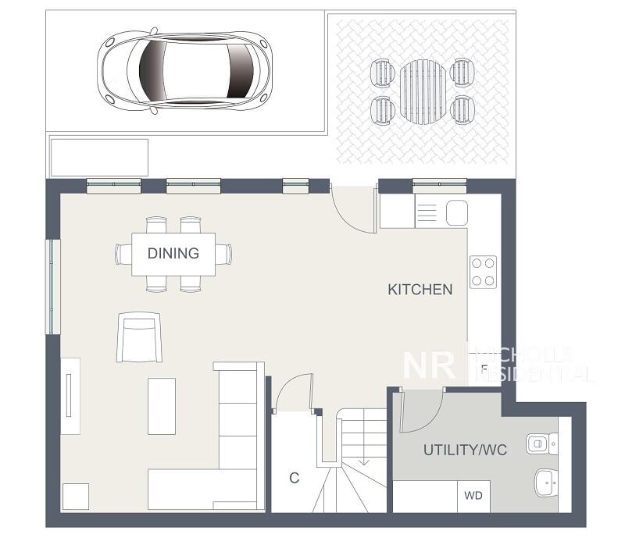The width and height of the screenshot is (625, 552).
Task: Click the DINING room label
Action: click(173, 253)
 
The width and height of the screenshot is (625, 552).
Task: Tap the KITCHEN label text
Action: click(420, 290)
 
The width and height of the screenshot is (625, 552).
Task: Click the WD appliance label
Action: click(473, 496)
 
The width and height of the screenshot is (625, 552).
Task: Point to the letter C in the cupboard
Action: click(295, 479)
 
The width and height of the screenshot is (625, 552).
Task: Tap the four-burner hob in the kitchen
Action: click(484, 272)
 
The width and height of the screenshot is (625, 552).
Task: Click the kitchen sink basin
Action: click(456, 212)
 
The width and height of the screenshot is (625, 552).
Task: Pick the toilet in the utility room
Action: click(540, 443)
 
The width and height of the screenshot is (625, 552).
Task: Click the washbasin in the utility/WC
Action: click(545, 483)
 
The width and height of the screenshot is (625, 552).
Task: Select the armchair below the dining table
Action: click(139, 337)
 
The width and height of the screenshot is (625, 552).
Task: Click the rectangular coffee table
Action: click(162, 406)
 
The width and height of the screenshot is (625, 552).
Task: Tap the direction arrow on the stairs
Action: click(363, 462)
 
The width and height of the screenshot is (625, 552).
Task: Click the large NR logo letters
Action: click(429, 365)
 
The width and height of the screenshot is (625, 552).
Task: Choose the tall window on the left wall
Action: click(52, 287)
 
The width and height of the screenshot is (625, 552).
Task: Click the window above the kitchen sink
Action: click(438, 185)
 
